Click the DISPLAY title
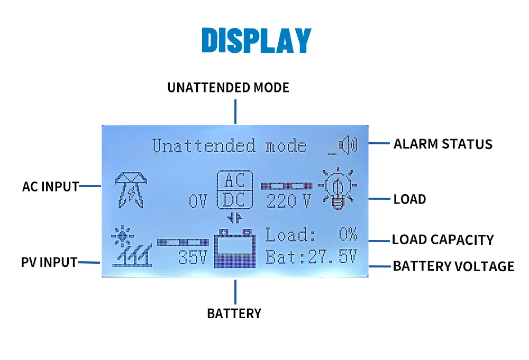click(257, 40)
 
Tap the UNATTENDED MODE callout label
click(228, 87)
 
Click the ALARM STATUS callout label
click(443, 144)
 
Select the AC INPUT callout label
click(50, 186)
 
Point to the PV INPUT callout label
click(49, 262)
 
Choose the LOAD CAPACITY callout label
click(442, 239)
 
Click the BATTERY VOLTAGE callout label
click(453, 266)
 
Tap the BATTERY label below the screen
click(234, 313)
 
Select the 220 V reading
click(288, 201)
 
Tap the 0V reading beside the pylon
click(199, 201)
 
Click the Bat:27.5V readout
click(311, 257)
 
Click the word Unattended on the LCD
click(203, 145)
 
